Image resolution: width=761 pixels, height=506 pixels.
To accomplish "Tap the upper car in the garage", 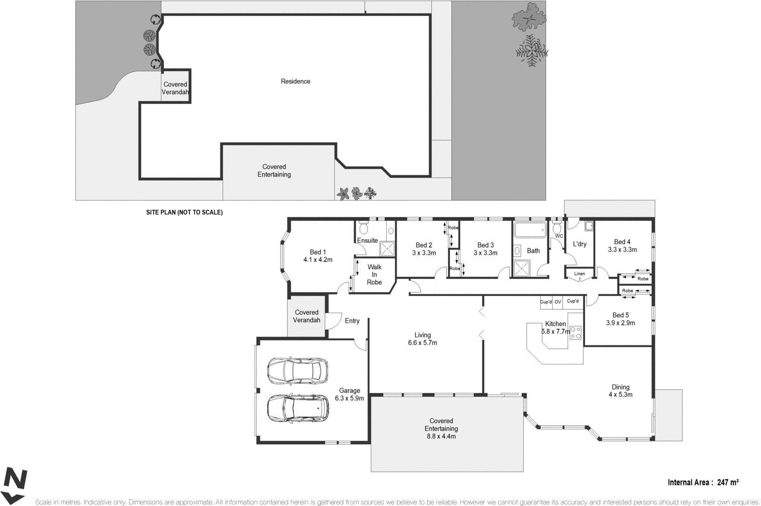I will [x=298, y=371].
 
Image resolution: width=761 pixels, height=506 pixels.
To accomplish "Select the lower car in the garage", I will [x=298, y=408].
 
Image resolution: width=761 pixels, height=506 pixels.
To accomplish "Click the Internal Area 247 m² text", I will [x=703, y=482].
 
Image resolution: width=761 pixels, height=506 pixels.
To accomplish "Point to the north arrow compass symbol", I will [x=14, y=485].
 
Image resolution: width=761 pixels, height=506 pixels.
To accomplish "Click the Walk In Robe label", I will [x=374, y=275].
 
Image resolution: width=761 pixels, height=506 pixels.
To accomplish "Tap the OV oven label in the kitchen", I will [x=558, y=302].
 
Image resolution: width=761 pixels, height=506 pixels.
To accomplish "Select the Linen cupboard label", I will [x=579, y=274].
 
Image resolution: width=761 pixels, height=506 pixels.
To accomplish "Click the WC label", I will [x=559, y=236].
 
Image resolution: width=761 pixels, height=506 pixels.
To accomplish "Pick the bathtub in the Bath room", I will [x=530, y=230].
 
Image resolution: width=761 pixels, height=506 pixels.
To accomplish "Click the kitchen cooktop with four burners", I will [x=576, y=333].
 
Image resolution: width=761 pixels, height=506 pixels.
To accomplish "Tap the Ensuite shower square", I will [x=387, y=248].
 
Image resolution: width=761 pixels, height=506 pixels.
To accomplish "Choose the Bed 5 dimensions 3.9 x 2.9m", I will [x=620, y=323].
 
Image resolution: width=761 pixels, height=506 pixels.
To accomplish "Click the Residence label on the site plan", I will [x=295, y=81].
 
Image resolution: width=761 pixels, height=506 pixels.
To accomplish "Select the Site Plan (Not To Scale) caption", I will [x=184, y=212].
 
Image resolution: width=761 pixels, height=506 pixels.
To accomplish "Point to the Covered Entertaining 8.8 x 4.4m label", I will [x=441, y=429].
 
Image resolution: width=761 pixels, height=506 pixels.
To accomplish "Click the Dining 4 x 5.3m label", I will [x=620, y=391].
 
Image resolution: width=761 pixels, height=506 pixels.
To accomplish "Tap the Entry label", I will [x=352, y=321].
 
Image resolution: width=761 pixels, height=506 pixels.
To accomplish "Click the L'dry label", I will [x=579, y=244].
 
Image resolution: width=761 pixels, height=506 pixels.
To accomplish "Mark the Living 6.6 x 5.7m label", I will [x=422, y=339].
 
